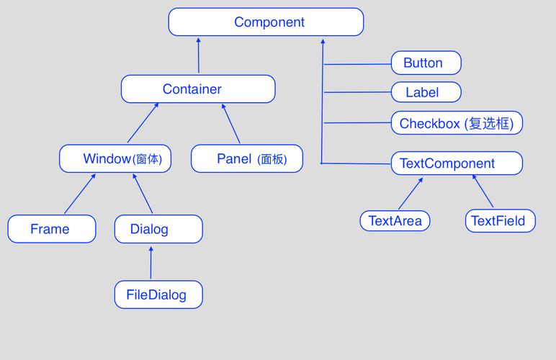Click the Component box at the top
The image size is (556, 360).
(x=266, y=22)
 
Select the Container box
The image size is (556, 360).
(x=198, y=89)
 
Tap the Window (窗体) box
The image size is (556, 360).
(x=115, y=158)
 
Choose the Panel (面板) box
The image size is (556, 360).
(x=247, y=158)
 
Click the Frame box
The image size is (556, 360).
(x=51, y=229)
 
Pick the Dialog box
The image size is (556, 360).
(x=158, y=229)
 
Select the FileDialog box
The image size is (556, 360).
(x=158, y=294)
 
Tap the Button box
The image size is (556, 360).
(x=426, y=63)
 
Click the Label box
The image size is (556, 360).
(x=426, y=92)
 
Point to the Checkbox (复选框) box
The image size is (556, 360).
(x=457, y=123)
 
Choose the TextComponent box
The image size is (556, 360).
(x=457, y=163)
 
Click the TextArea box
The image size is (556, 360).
(x=395, y=220)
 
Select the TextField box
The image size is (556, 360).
(x=500, y=220)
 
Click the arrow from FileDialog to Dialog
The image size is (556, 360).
(x=151, y=263)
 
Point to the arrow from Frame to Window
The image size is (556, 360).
(x=80, y=194)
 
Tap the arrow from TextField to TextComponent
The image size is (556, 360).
(x=483, y=191)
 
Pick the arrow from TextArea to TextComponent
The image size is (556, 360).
(x=411, y=193)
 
